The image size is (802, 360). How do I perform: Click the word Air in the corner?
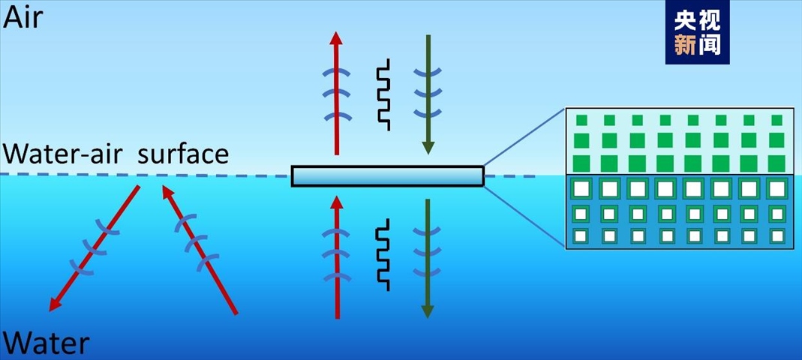coord(23,16)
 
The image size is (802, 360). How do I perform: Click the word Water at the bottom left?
coord(46,344)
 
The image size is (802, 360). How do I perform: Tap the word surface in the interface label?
coord(182,154)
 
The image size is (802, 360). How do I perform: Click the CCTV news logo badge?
coord(697,33)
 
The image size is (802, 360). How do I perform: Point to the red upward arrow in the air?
coord(335,90)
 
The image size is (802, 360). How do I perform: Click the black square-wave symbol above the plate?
coord(383,94)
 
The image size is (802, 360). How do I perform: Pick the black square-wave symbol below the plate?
coord(383,254)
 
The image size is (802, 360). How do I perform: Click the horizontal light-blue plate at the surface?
coord(387,176)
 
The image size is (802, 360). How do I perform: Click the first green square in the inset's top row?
coord(581,120)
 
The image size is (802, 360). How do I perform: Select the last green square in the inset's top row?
coord(776,120)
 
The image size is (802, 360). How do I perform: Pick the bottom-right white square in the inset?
coord(777,236)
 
